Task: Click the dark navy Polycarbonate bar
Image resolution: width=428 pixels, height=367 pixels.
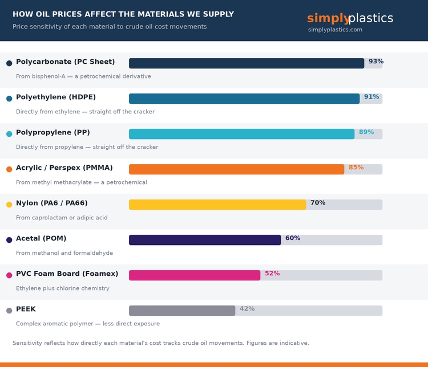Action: click(247, 63)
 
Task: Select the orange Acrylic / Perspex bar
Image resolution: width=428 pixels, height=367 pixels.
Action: click(236, 169)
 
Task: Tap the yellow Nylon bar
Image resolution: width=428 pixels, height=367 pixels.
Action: click(217, 205)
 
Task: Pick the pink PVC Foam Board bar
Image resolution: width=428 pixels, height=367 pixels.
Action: click(195, 275)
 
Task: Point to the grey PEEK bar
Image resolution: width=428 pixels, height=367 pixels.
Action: click(182, 311)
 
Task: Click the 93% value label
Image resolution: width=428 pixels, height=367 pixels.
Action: click(376, 62)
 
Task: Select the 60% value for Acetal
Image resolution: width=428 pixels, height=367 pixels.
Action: click(293, 238)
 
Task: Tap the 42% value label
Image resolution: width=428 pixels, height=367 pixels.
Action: click(247, 309)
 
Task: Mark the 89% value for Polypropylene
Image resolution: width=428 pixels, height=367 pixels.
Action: click(366, 132)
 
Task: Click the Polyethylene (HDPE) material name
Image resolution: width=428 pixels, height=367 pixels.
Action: click(56, 97)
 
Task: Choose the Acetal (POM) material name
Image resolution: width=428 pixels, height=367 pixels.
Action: click(41, 239)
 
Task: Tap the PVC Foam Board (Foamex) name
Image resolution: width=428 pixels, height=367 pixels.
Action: click(67, 274)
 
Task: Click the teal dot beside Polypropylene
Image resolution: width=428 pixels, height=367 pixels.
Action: click(9, 134)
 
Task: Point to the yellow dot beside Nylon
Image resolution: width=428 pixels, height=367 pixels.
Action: click(9, 205)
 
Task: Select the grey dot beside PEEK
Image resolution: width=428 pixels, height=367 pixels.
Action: click(9, 311)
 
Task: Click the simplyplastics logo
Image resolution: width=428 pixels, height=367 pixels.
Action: click(350, 18)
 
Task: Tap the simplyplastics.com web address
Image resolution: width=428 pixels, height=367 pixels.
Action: click(335, 30)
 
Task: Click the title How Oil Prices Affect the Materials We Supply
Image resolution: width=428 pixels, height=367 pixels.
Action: click(123, 14)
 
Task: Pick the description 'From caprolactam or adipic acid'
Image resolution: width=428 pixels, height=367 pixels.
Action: click(62, 218)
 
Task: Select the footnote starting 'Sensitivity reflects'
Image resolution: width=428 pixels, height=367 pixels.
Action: click(161, 343)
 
